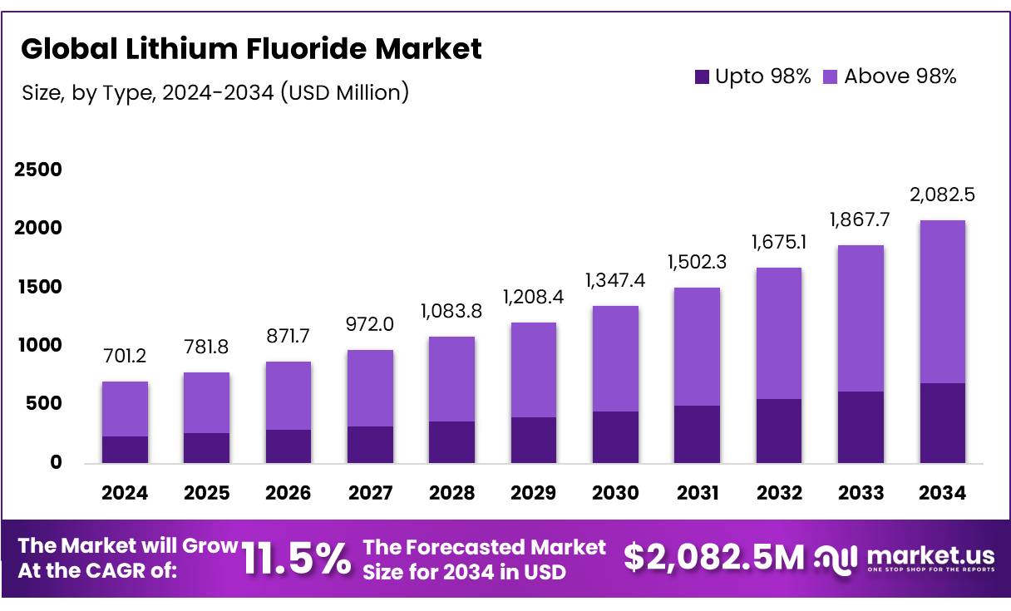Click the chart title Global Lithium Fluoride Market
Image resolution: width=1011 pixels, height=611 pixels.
250,49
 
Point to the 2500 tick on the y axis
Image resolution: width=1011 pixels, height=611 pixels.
38,170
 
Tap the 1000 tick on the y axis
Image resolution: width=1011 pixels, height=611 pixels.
38,345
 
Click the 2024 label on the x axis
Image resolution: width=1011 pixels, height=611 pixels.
125,493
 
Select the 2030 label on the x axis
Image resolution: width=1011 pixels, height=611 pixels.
615,493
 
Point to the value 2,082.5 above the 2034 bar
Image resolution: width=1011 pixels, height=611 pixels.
943,195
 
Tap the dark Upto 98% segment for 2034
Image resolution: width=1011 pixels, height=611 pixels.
943,423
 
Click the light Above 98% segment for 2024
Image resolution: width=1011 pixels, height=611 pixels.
125,409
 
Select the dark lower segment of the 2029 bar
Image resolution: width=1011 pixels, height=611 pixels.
534,440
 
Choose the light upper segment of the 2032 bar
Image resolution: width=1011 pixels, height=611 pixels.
779,333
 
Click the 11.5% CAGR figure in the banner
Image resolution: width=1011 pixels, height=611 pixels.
297,559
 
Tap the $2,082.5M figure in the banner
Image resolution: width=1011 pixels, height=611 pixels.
713,559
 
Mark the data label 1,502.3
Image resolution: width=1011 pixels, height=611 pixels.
697,264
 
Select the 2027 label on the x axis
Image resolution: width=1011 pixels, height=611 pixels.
370,493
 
